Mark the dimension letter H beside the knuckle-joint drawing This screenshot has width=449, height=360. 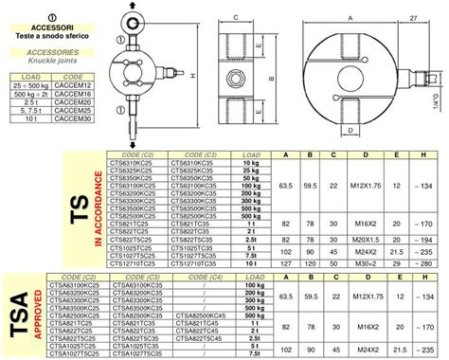[191, 76]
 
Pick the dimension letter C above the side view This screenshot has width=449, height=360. [234, 16]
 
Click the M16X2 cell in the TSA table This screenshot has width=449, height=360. [365, 321]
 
